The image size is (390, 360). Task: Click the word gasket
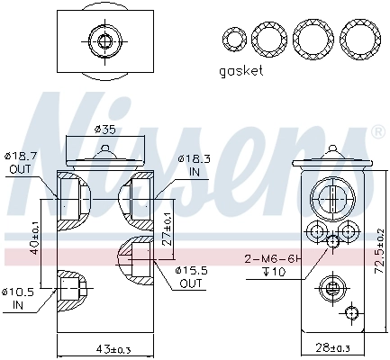click(240, 71)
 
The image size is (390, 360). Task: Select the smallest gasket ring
click(233, 39)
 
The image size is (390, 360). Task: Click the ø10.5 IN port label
click(17, 296)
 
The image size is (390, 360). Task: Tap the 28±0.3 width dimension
click(331, 349)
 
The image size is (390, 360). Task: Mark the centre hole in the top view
click(103, 40)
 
